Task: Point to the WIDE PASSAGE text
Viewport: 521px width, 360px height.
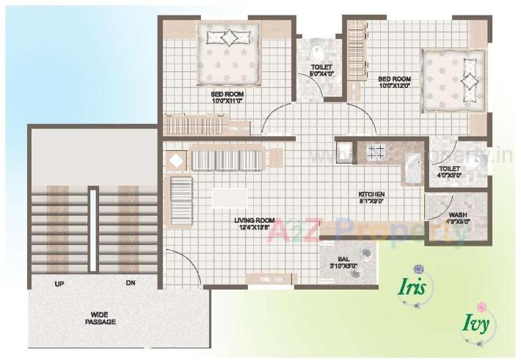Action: click(x=95, y=317)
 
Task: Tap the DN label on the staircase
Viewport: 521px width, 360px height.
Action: click(x=131, y=283)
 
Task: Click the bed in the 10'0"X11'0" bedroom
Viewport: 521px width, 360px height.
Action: click(x=228, y=56)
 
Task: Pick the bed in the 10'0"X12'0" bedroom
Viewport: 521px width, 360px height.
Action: click(x=450, y=82)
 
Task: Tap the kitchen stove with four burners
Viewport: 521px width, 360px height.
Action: click(x=376, y=153)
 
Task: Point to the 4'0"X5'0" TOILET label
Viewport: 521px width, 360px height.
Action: click(x=449, y=171)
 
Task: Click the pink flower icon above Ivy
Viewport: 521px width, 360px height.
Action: click(x=481, y=306)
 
